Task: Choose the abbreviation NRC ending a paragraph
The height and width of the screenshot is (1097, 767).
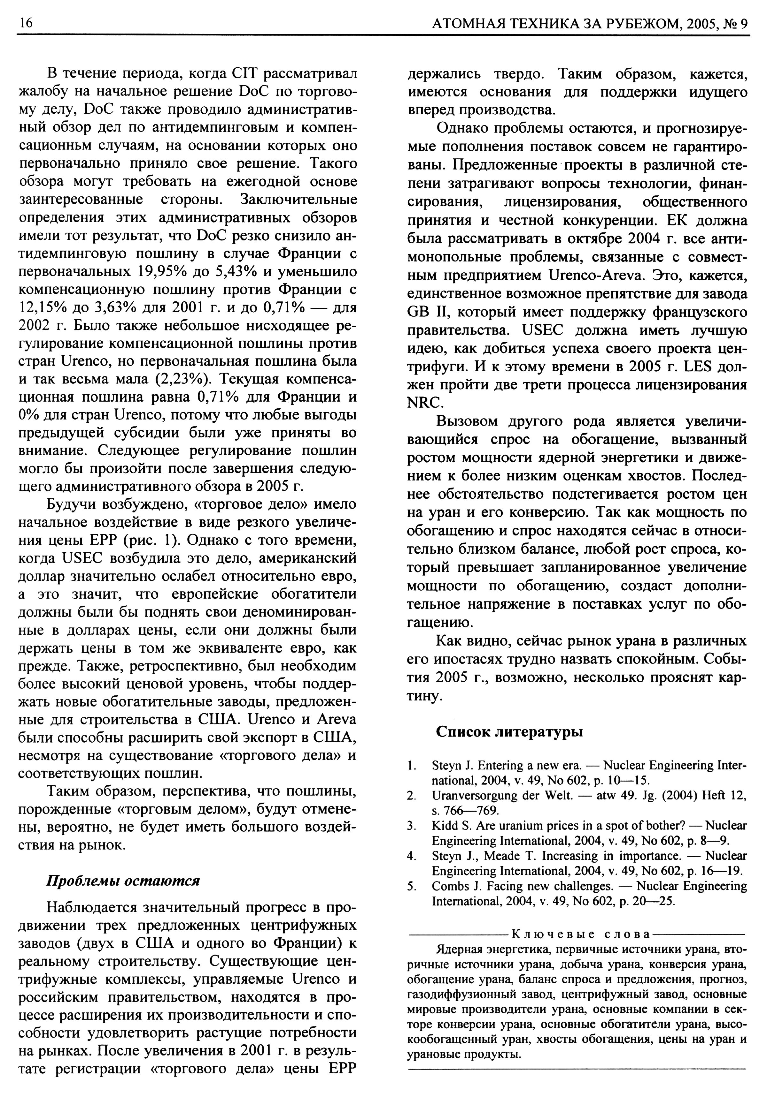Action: [x=423, y=403]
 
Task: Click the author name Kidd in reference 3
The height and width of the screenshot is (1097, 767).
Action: [x=444, y=826]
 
